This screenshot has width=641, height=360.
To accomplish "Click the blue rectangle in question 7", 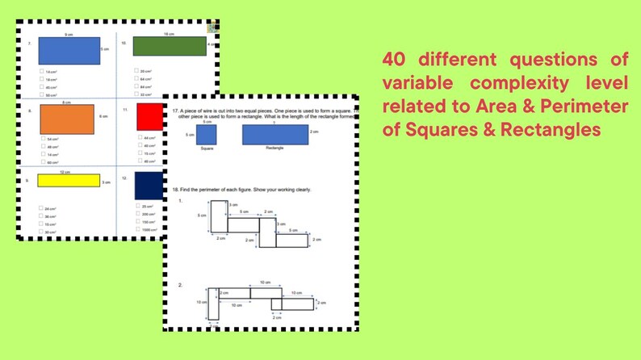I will [69, 51].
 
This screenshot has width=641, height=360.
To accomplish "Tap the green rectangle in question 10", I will [170, 47].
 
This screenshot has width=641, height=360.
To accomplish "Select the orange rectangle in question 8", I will [67, 119].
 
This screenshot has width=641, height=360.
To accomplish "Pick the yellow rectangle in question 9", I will [69, 180].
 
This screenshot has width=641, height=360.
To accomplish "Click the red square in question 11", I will [149, 117].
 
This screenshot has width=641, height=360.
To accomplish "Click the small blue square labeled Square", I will [206, 134].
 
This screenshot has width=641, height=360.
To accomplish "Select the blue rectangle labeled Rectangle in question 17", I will [274, 134].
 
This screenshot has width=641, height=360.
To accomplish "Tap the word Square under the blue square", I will [206, 149].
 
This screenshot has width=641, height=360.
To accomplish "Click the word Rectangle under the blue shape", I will [274, 149].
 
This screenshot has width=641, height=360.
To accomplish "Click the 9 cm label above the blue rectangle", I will [69, 35].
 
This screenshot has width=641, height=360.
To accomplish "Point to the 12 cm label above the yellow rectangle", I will [65, 171].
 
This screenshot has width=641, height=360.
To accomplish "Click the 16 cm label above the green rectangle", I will [169, 34].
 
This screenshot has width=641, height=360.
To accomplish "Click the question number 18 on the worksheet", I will [175, 189].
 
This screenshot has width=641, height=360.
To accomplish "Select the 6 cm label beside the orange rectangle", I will [103, 118].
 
